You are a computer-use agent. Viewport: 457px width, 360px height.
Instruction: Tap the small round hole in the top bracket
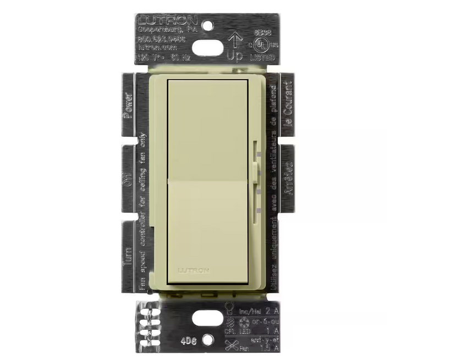pyautogui.click(x=207, y=25)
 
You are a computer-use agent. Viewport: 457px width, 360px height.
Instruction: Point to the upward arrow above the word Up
pyautogui.click(x=235, y=40)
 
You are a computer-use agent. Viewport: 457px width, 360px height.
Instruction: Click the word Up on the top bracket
pyautogui.click(x=235, y=56)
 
